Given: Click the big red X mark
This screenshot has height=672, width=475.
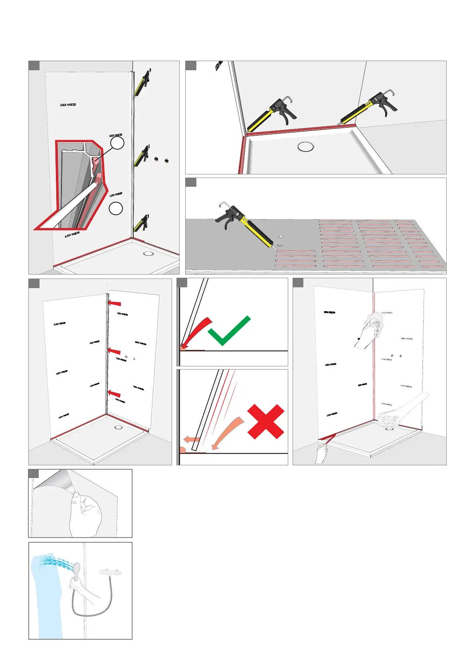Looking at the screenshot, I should [x=266, y=421].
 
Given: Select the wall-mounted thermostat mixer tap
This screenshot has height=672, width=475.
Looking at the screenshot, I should [x=111, y=572].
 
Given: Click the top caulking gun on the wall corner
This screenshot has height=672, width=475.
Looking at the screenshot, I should [x=142, y=83].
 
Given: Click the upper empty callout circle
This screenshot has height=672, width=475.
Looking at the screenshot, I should [x=117, y=142].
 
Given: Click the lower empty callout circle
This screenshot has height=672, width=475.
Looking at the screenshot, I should [x=116, y=208].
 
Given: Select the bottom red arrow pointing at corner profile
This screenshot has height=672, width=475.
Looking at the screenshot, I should [x=114, y=393].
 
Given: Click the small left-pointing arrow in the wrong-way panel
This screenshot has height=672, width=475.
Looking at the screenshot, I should [x=192, y=440].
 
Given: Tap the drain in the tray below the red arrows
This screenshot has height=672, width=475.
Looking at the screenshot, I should [x=118, y=427].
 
